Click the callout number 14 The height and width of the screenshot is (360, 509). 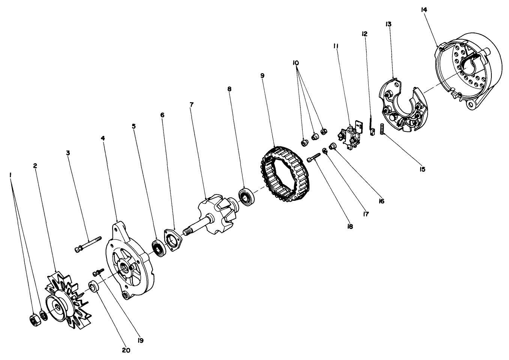point(424,10)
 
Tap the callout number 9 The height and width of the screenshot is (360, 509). point(262,75)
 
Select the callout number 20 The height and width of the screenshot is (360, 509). point(126,350)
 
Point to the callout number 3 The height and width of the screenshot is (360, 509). point(68,153)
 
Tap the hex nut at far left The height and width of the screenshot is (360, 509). point(33,319)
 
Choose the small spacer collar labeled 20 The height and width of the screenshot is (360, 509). point(93,286)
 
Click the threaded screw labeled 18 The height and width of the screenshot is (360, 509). point(315,156)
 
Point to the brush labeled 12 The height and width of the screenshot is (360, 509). point(372,128)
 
